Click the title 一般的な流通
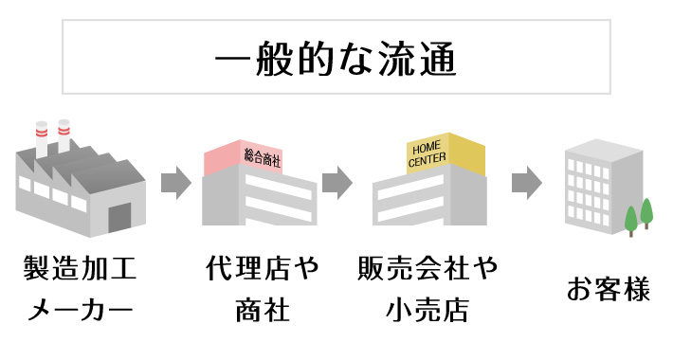pos(336,59)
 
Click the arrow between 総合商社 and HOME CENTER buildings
pos(336,183)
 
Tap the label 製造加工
pos(80,271)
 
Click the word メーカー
pos(80,310)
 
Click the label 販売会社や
pos(428,271)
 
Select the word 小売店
pos(428,310)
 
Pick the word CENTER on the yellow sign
pos(427,161)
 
